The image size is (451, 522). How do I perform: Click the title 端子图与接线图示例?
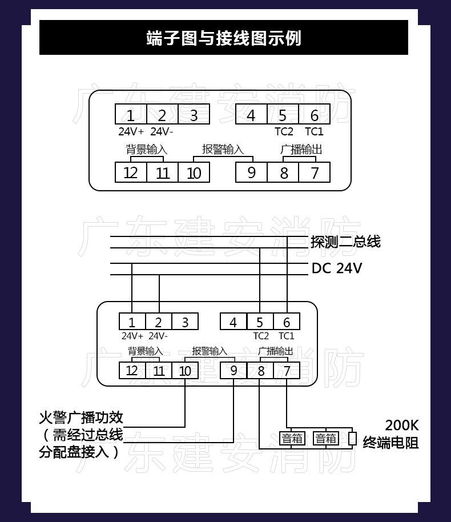click(224, 38)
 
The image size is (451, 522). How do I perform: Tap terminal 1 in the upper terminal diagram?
click(131, 115)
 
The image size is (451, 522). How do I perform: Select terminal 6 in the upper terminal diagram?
click(314, 115)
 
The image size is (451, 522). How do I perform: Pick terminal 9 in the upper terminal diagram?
click(251, 172)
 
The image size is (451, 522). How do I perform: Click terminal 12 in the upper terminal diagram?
click(131, 172)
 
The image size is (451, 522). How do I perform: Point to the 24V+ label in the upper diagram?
click(131, 131)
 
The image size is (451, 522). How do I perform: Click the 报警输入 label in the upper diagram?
click(223, 150)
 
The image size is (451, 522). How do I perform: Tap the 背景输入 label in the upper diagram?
click(147, 150)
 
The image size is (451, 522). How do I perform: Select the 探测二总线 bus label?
click(345, 242)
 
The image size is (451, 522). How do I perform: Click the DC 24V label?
click(337, 268)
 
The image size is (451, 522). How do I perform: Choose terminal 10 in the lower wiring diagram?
click(185, 371)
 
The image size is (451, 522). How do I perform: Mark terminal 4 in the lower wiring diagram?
click(233, 322)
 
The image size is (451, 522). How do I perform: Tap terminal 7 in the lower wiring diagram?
click(287, 371)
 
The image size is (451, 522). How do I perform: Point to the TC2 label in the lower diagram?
click(261, 336)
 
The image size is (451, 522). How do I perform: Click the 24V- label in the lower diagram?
click(159, 336)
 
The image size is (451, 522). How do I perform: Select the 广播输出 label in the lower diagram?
click(275, 351)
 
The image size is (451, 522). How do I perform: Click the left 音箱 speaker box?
click(292, 439)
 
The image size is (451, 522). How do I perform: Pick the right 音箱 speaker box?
click(326, 439)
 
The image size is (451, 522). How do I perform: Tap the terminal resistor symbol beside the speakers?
click(352, 439)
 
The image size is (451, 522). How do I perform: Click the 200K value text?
click(401, 425)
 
